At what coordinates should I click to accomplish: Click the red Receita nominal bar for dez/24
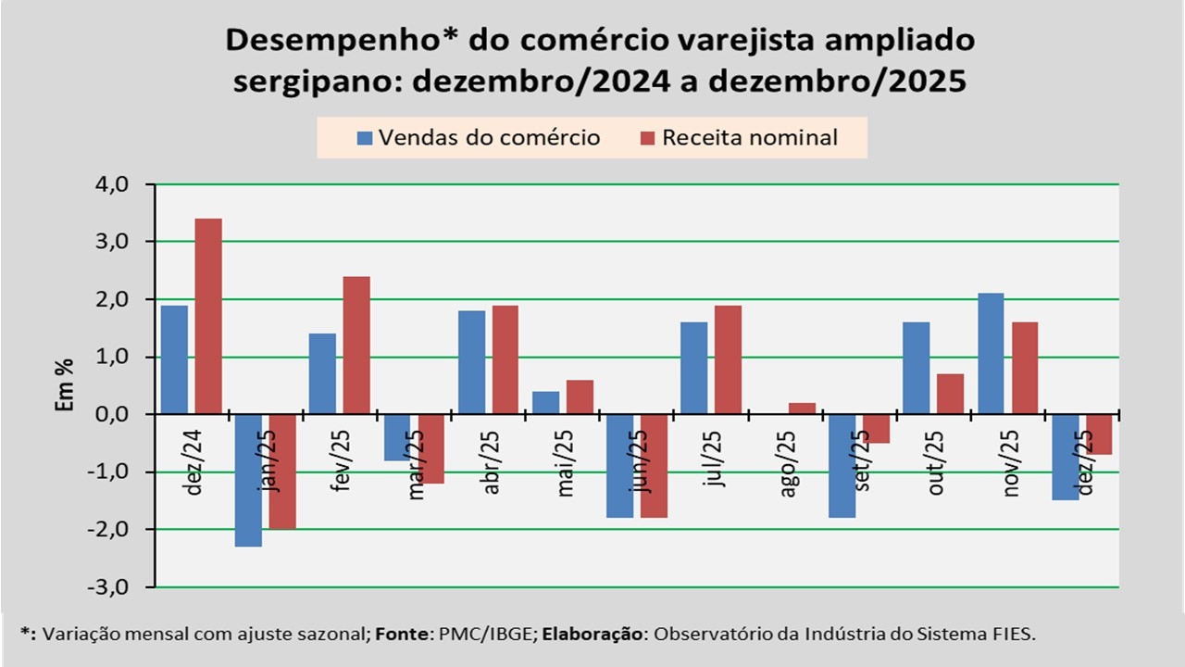208,316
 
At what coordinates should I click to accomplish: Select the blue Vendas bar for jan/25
249,480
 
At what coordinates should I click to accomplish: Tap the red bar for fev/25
356,345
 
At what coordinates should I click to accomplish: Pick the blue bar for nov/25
991,353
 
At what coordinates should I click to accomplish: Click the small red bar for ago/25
802,409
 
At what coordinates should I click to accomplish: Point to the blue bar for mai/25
546,403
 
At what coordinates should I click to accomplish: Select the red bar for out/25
950,394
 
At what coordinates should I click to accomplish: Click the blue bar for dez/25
1065,457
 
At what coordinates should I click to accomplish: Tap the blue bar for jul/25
693,368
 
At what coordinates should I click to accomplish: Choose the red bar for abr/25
505,359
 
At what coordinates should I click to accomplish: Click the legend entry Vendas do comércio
479,138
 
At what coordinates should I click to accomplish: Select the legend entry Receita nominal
738,138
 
